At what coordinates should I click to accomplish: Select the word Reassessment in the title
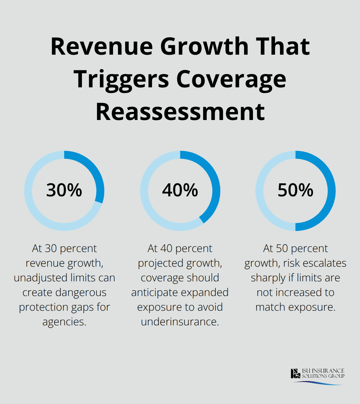coord(180,112)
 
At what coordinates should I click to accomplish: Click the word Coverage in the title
coord(231,79)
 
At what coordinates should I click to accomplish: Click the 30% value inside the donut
coord(64,190)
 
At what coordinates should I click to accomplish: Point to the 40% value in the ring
coord(180,190)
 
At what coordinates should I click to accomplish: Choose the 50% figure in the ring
coord(295,190)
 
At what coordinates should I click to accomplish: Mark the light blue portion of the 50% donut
coord(260,191)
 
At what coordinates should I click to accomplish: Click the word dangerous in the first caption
coord(81,292)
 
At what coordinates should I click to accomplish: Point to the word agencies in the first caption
coord(64,322)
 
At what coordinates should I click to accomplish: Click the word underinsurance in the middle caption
coord(180,322)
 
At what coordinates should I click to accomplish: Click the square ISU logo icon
coord(295,373)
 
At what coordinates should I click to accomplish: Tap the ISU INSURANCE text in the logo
coord(323,371)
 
